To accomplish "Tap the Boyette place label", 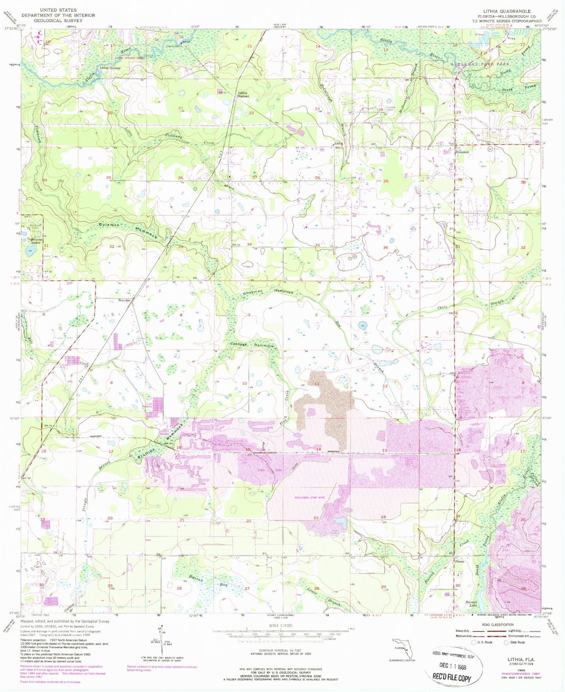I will [x=124, y=300].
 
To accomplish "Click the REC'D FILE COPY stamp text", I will [x=452, y=678].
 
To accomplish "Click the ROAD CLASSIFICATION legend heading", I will [x=498, y=624].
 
